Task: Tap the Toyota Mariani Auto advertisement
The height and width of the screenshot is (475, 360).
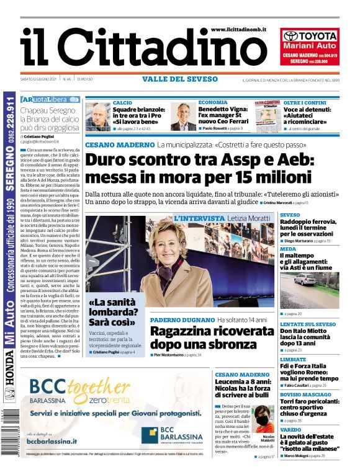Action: click(x=311, y=47)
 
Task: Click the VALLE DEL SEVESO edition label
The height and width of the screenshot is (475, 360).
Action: click(x=179, y=79)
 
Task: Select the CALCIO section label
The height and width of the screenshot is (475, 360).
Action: click(x=122, y=102)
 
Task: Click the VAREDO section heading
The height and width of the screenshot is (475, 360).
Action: click(x=290, y=429)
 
